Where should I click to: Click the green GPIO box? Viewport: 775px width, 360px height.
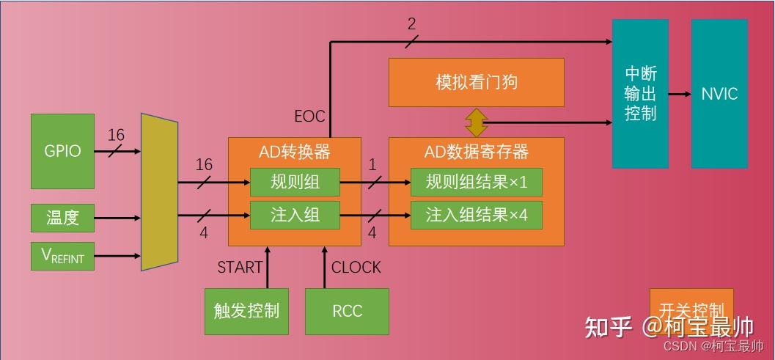click(x=62, y=151)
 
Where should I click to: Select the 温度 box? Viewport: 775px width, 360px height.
click(x=62, y=218)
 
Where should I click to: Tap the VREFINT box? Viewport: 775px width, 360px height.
click(x=62, y=256)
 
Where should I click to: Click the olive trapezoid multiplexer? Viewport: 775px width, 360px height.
click(x=160, y=191)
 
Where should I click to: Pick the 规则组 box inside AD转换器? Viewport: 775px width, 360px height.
click(x=295, y=182)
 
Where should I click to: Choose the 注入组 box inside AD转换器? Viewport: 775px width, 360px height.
click(x=295, y=215)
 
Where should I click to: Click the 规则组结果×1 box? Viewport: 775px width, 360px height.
click(x=476, y=182)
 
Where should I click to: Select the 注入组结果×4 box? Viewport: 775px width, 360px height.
click(x=476, y=215)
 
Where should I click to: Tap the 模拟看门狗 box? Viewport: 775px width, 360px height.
click(x=476, y=82)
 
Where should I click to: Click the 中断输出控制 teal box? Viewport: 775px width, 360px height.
click(x=640, y=93)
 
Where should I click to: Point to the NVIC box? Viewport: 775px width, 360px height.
click(x=719, y=93)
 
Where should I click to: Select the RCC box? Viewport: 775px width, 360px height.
click(x=347, y=311)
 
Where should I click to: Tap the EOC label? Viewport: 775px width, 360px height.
click(x=309, y=117)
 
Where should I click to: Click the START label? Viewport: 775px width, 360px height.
click(x=240, y=268)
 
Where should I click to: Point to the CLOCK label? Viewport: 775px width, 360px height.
click(x=356, y=268)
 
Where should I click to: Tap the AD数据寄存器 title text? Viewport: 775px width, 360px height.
click(x=476, y=153)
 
